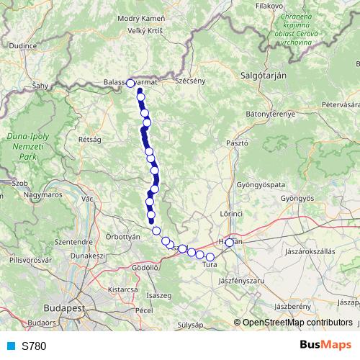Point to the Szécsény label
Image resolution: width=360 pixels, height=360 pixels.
191,81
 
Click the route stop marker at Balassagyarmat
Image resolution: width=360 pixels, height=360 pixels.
130,83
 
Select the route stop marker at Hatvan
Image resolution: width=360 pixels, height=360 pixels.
230,243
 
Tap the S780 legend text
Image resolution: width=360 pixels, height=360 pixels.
34,346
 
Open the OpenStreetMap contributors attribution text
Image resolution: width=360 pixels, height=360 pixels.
297,323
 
